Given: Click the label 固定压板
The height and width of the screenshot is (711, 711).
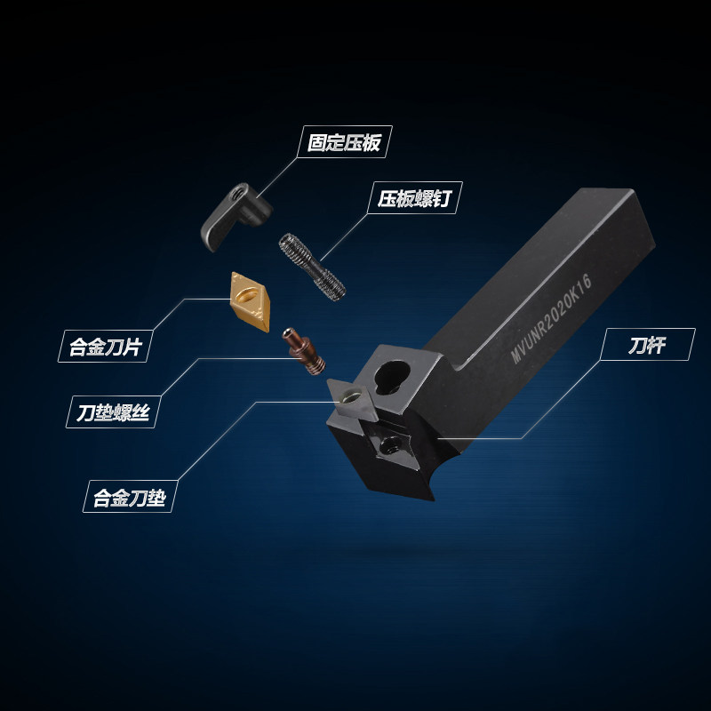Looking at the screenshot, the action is [x=344, y=142].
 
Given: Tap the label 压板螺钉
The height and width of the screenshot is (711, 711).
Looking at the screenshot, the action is [x=414, y=198].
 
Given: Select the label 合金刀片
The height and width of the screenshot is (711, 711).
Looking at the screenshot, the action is [x=105, y=347].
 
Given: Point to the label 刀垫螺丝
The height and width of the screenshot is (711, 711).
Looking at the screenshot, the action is [x=113, y=412].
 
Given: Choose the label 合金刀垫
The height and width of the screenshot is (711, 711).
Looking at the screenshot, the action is [x=130, y=498].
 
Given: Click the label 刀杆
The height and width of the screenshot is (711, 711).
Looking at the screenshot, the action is [x=647, y=346].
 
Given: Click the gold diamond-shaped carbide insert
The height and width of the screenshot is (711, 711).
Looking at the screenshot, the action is [x=251, y=302].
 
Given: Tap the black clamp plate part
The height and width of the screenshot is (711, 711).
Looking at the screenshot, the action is [x=236, y=216].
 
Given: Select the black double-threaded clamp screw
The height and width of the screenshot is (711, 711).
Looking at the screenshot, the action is [x=312, y=268].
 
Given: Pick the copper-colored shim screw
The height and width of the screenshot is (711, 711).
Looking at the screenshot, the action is [x=303, y=351].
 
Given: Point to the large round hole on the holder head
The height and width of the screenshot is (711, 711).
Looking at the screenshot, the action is [x=392, y=376].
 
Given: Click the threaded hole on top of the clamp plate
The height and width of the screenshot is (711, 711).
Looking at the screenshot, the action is [x=235, y=194].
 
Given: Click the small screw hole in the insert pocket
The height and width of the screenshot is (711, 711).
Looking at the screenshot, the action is [x=388, y=447].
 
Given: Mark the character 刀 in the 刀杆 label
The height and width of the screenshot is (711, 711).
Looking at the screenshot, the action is [x=637, y=346].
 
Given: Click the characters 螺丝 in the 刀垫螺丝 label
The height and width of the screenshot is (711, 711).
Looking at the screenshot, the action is [x=132, y=412].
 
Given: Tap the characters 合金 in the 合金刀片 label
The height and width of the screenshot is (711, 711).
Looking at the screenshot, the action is [x=87, y=347].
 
